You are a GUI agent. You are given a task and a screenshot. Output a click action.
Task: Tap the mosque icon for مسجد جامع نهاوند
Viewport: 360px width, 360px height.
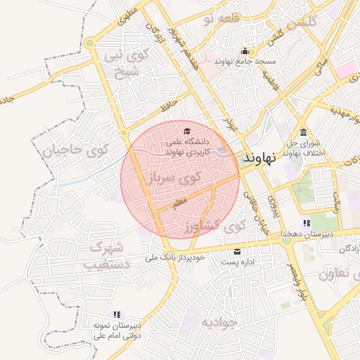tap(245, 51)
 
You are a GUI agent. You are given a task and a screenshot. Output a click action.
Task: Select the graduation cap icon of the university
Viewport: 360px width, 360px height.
tap(186, 131)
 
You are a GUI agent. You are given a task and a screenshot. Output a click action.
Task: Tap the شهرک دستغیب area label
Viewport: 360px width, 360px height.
tap(105, 256)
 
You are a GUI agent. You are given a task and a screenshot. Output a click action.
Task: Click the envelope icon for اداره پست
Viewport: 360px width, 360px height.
tap(237, 252)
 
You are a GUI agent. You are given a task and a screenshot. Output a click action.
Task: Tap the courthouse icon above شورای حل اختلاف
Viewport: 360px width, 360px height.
tap(303, 133)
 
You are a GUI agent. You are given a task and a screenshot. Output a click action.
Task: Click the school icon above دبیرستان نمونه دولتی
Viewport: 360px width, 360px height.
tap(117, 314)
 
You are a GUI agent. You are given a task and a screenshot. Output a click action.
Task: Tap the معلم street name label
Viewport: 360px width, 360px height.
tap(179, 202)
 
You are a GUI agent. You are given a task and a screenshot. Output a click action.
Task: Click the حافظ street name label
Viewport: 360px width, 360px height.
tap(167, 107)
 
